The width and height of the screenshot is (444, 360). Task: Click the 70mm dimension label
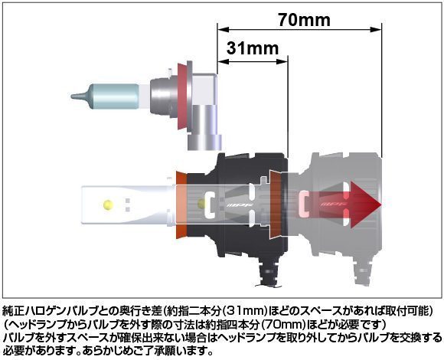pyautogui.click(x=304, y=20)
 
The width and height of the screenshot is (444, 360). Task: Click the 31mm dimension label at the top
pyautogui.click(x=253, y=48)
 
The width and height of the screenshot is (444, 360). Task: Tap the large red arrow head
pyautogui.click(x=366, y=205)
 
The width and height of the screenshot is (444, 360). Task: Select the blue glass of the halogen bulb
pyautogui.click(x=115, y=96)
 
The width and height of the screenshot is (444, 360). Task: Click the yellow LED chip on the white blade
pyautogui.click(x=108, y=204)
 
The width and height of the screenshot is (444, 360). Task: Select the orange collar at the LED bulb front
pyautogui.click(x=181, y=205)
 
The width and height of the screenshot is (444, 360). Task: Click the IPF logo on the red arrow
pyautogui.click(x=331, y=204)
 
